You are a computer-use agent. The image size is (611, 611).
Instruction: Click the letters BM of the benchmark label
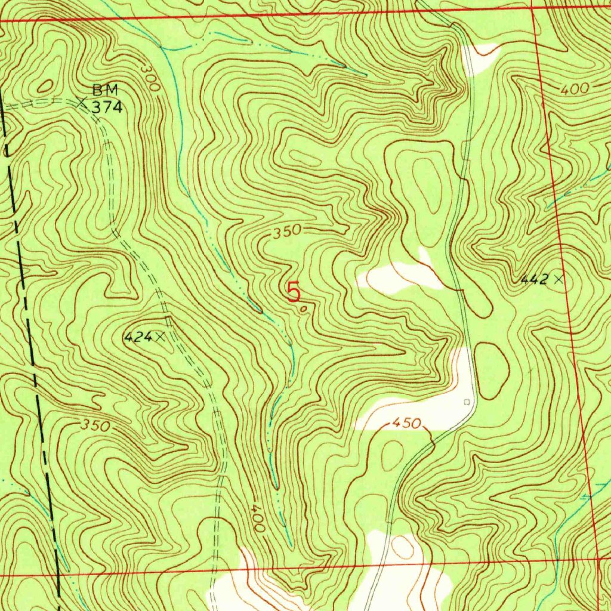point(105,91)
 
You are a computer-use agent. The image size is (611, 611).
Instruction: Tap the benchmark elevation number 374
point(107,107)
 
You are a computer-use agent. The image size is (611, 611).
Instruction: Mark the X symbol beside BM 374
point(82,103)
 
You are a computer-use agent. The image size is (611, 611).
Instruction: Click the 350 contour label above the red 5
point(288,231)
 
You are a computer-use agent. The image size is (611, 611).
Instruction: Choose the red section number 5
point(294,292)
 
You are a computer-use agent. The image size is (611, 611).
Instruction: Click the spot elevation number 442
point(533,279)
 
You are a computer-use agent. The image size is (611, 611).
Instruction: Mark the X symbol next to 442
point(558,279)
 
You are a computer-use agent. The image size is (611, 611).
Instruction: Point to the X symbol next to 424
point(160,337)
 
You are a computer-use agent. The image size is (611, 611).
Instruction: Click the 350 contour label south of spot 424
point(96,426)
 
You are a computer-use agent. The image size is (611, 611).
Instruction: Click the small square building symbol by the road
point(467,401)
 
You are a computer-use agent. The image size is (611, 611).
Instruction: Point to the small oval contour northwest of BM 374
point(45,87)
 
